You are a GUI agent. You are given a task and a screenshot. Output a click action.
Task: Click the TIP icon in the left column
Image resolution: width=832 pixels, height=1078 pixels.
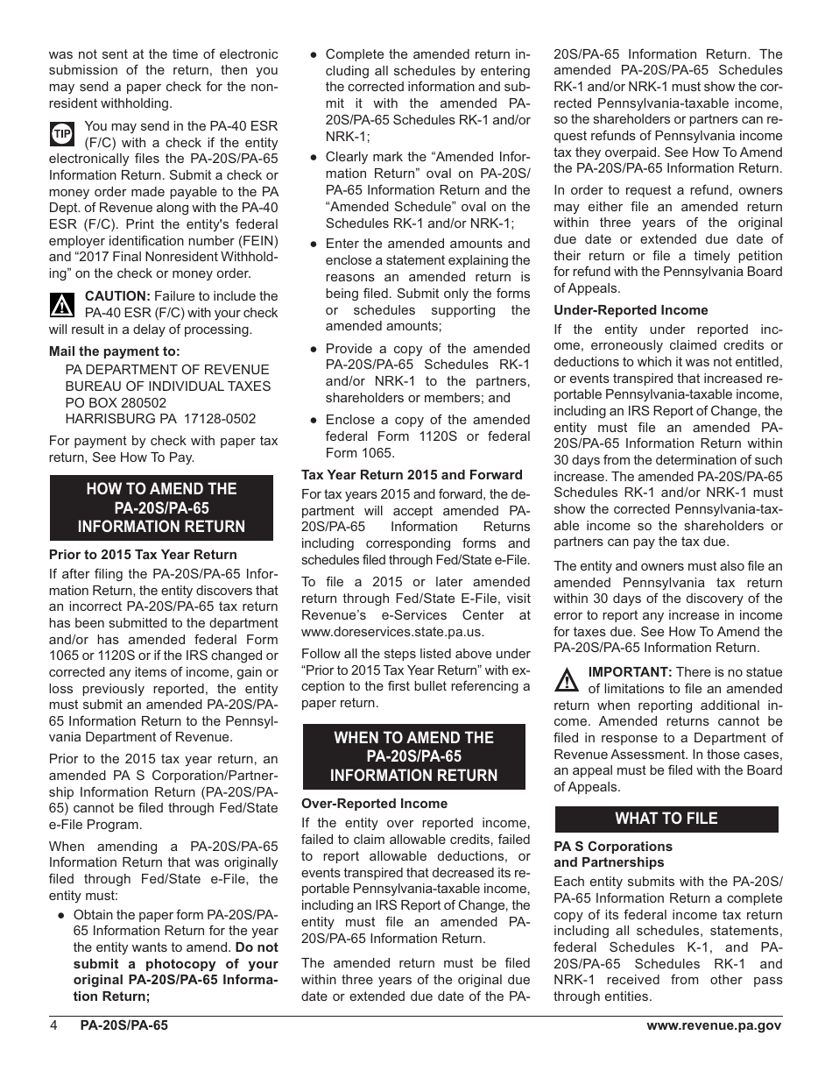[61, 134]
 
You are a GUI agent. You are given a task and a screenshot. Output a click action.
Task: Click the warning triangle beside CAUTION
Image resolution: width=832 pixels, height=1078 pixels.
[61, 305]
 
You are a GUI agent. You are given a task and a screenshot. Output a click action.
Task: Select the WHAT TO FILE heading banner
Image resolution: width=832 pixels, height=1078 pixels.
[666, 819]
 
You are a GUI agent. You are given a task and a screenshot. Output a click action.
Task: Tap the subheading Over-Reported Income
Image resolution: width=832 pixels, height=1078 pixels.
[374, 804]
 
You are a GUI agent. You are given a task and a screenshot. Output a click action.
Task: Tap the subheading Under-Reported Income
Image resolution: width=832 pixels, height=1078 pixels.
[631, 310]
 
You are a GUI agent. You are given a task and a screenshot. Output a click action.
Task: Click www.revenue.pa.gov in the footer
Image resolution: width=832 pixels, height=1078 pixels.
[714, 1026]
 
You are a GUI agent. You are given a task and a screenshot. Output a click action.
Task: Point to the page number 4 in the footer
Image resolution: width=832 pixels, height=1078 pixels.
[53, 1026]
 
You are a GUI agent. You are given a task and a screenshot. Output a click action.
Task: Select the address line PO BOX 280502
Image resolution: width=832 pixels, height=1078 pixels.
[116, 403]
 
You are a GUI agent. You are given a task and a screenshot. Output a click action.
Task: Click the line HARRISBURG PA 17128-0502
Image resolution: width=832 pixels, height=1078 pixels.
[160, 419]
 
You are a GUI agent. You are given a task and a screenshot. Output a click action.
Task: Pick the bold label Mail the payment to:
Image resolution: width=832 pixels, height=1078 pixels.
[114, 351]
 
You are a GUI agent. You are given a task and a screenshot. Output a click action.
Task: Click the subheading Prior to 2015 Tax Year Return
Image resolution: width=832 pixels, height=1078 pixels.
[143, 555]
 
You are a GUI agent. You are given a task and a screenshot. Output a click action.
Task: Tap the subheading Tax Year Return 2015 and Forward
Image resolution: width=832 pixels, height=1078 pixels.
[412, 475]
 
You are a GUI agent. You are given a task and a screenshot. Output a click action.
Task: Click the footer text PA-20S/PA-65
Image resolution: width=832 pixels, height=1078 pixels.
[123, 1026]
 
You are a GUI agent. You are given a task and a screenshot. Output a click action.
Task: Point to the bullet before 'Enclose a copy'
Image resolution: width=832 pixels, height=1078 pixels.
[313, 421]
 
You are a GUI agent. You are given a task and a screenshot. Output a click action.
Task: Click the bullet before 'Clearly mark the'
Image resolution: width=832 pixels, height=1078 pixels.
[313, 158]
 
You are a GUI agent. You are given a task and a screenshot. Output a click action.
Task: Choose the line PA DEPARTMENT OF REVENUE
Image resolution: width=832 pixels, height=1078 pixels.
[156, 370]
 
